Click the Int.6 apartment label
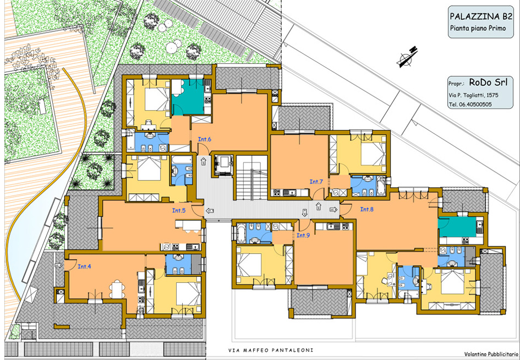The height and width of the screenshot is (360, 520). coord(205,139)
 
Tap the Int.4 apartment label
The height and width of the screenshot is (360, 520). coord(84,266)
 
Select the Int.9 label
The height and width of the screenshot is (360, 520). coord(303,236)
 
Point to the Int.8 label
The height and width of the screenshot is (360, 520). coord(367,209)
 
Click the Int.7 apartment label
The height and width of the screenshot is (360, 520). coord(316,182)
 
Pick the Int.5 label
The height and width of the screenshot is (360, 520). coord(179,210)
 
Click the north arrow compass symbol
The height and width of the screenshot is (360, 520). coord(408,57)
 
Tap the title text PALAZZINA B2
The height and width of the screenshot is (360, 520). coord(481,17)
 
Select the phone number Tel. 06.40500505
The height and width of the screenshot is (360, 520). coord(470,104)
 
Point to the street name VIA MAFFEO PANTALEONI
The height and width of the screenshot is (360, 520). coord(271,350)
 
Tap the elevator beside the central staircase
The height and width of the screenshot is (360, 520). coord(222,165)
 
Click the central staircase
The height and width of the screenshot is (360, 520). coord(251,177)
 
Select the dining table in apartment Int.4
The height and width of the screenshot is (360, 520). coord(117,288)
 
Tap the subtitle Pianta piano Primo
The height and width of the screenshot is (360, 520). coord(478,29)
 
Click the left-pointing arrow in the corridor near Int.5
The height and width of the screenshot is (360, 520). coord(210,211)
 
